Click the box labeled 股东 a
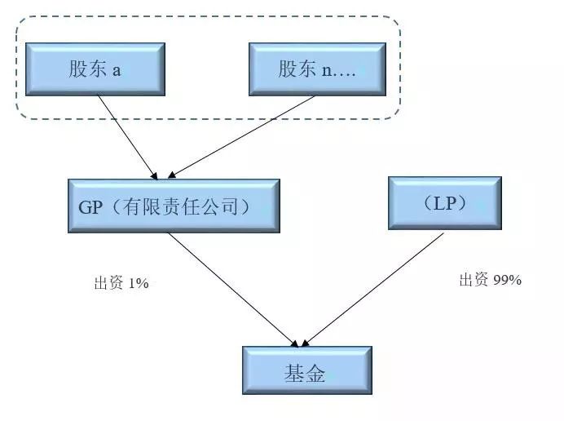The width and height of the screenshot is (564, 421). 95,69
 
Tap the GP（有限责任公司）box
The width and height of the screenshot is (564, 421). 174,206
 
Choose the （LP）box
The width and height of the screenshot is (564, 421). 444,203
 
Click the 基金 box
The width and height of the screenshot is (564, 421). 306,374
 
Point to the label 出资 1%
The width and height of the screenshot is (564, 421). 121,284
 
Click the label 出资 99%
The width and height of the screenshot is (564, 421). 489,280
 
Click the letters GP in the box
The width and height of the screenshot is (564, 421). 90,206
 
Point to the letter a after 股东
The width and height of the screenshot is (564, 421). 117,69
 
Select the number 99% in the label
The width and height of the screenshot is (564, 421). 507,280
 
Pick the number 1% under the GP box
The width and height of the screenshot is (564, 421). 138,284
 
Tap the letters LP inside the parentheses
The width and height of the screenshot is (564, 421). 445,203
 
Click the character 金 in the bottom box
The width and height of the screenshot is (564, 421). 316,374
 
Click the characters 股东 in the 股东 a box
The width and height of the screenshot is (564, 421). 88,69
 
